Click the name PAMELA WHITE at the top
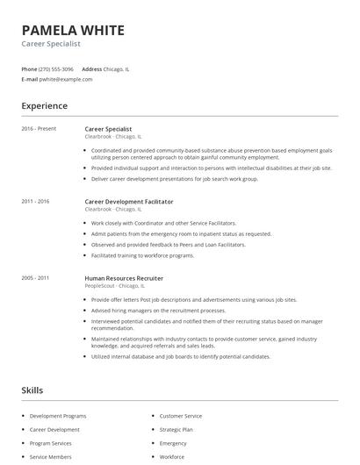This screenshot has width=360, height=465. [73, 30]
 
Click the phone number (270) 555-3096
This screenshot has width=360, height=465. [57, 68]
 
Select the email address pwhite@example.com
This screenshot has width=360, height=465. [66, 79]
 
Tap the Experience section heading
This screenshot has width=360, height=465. [44, 106]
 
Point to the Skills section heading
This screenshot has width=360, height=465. [32, 390]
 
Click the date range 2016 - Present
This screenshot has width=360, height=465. [39, 129]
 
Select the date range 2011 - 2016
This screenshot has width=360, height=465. [35, 202]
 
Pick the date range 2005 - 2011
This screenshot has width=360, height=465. [35, 277]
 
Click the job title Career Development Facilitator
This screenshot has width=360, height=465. [130, 202]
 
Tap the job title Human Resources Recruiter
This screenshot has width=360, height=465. [124, 277]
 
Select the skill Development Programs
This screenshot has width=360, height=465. [58, 416]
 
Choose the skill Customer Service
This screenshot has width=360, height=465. [181, 416]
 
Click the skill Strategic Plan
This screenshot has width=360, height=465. [176, 430]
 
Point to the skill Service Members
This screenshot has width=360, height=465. [52, 457]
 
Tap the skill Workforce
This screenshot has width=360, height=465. [172, 457]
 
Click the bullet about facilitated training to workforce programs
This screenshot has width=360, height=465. [142, 255]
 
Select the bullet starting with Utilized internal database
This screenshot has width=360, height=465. [180, 357]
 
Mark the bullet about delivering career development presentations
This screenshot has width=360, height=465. [175, 178]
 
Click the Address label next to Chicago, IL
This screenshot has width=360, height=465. [92, 68]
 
